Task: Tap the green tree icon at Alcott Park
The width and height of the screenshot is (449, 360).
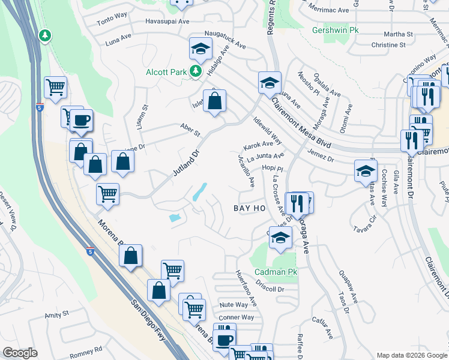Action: coord(195,72)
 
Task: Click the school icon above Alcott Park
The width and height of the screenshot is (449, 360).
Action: coord(200,47)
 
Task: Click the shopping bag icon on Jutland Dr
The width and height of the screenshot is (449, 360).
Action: coord(214,100)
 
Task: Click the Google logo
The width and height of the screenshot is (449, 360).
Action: coord(20,353)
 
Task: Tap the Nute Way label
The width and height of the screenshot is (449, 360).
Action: coord(234,305)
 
